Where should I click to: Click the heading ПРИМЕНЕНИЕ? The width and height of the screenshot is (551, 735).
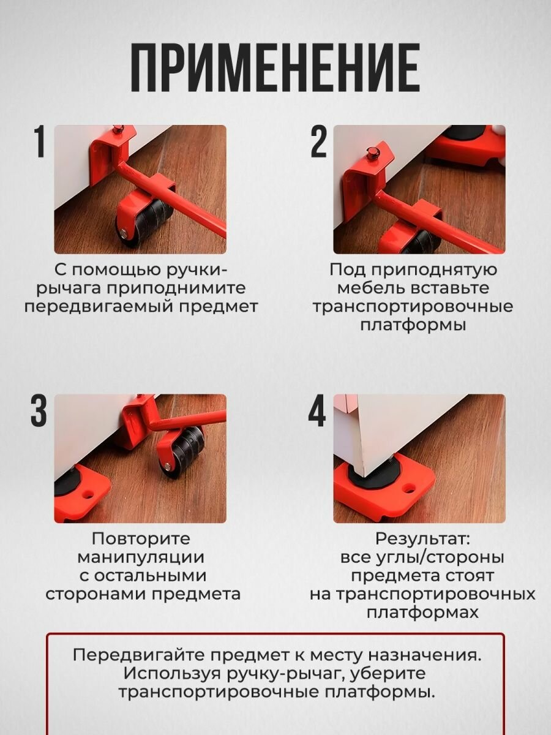[275, 67]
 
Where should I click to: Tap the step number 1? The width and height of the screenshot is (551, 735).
[40, 142]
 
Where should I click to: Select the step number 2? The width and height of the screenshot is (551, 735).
[318, 142]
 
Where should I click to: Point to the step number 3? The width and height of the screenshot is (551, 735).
[39, 410]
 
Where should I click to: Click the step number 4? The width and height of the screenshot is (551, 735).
[317, 410]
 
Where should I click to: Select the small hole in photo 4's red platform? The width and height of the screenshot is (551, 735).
[408, 488]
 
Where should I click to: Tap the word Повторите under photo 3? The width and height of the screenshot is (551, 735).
[141, 539]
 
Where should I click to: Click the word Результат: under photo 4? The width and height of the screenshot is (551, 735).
[422, 539]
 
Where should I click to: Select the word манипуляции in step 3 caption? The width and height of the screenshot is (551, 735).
[141, 557]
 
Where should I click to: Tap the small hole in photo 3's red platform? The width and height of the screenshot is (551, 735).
[89, 494]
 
